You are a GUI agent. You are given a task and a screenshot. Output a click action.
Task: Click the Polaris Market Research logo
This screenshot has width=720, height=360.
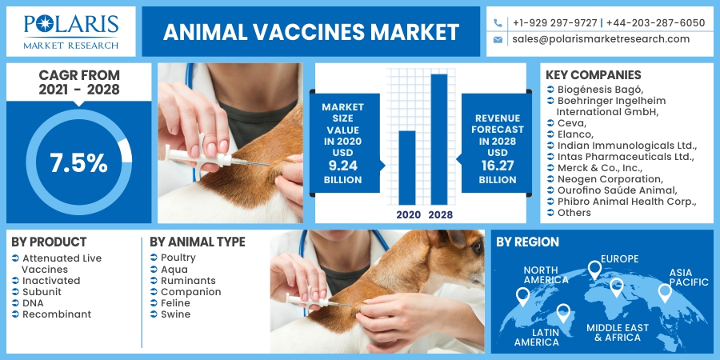click(71, 31)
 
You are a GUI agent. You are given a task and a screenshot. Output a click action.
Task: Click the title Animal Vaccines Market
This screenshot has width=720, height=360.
click(311, 32)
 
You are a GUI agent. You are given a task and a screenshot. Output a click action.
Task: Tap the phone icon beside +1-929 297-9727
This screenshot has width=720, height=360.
click(498, 23)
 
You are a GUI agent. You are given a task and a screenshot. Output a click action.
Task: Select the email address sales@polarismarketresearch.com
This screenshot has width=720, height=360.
click(601, 39)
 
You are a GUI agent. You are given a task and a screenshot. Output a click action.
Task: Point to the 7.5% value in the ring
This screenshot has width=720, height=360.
click(78, 163)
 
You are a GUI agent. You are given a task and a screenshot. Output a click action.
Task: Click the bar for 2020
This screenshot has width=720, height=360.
click(407, 168)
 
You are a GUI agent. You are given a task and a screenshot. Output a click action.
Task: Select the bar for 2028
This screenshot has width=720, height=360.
click(439, 139)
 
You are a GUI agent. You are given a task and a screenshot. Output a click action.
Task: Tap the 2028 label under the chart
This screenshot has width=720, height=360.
click(440, 214)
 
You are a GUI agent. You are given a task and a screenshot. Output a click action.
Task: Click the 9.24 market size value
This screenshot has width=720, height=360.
click(342, 166)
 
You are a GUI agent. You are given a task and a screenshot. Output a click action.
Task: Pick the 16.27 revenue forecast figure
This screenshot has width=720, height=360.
click(498, 166)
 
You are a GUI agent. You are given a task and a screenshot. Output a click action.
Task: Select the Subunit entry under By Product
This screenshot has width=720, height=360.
click(42, 292)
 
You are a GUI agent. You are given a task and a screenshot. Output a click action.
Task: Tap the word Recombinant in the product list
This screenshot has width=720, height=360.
click(57, 314)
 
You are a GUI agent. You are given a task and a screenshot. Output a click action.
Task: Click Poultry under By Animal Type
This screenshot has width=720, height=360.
click(178, 258)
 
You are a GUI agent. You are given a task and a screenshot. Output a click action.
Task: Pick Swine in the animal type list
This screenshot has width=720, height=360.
click(175, 314)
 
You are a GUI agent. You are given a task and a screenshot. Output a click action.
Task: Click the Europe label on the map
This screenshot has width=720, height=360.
click(619, 259)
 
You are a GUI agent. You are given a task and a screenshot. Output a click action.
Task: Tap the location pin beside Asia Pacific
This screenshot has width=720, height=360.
click(665, 293)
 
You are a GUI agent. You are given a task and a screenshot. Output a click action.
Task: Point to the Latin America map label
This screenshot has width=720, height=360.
click(536, 338)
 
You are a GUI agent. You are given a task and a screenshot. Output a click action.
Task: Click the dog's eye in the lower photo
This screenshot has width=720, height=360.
click(477, 247)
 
